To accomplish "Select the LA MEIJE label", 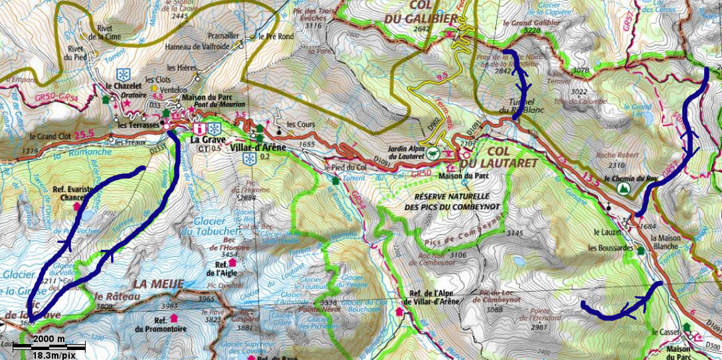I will point(157,284).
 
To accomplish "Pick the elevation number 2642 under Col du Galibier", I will point(422,29).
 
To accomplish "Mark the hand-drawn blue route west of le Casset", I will point(621,308).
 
